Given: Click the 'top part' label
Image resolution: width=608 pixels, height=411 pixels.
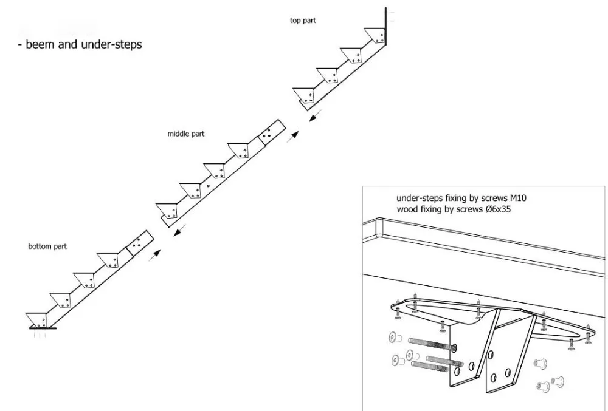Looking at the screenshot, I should (x=303, y=21).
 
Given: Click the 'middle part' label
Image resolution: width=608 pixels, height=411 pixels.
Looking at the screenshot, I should (x=185, y=134).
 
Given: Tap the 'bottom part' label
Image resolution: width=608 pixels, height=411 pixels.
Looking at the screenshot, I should (x=47, y=246).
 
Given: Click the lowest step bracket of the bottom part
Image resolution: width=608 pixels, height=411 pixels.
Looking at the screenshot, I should (x=38, y=320).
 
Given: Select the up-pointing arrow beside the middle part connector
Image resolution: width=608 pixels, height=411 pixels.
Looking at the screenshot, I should (x=294, y=135).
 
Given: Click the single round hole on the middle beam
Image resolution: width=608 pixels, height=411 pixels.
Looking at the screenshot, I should (x=208, y=186).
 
